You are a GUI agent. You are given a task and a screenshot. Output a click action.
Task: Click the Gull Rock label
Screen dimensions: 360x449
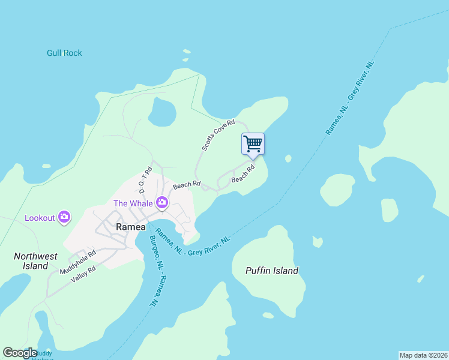(64, 53)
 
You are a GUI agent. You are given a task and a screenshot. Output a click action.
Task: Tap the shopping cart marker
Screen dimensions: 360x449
(253, 143)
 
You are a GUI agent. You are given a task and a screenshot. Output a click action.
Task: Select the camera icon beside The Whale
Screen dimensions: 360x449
(161, 203)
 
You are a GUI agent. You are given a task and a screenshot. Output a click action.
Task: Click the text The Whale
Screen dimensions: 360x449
(133, 203)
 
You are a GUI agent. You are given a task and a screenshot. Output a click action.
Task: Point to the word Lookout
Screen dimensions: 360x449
(40, 218)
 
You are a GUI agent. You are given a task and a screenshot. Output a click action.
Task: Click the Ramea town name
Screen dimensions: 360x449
(130, 227)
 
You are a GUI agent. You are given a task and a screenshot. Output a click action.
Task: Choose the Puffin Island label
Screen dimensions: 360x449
(272, 271)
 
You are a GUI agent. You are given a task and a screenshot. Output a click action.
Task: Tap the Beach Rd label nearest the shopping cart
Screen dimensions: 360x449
(243, 175)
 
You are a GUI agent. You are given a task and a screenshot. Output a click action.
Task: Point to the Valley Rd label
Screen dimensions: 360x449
(83, 274)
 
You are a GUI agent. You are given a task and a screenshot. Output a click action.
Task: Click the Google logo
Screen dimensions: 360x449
(20, 353)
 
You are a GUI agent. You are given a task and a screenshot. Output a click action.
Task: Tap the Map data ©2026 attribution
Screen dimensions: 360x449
(423, 355)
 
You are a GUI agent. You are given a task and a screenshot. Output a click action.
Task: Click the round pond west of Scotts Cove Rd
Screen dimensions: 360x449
(162, 112)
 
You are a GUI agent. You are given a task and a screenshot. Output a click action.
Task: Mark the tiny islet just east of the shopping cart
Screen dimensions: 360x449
(288, 158)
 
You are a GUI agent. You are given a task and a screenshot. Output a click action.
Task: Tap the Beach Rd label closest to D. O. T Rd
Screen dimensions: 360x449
(186, 185)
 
